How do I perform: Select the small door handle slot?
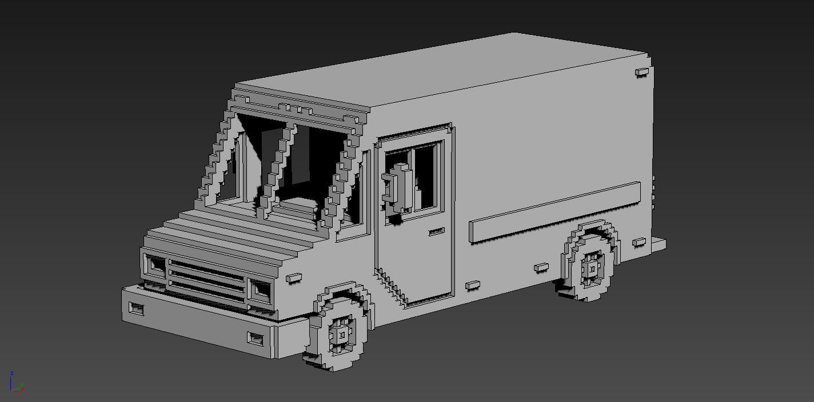click(436, 232)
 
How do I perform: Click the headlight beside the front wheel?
click(262, 291)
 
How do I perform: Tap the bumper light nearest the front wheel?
click(256, 338)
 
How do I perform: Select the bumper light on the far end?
click(137, 309)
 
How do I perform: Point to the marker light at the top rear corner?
click(642, 72)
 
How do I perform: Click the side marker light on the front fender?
click(293, 278)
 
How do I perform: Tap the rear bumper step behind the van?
click(657, 244)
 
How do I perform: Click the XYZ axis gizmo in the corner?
click(15, 383)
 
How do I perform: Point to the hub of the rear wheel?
click(592, 268)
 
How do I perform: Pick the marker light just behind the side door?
click(472, 284)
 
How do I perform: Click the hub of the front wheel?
click(341, 335)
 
